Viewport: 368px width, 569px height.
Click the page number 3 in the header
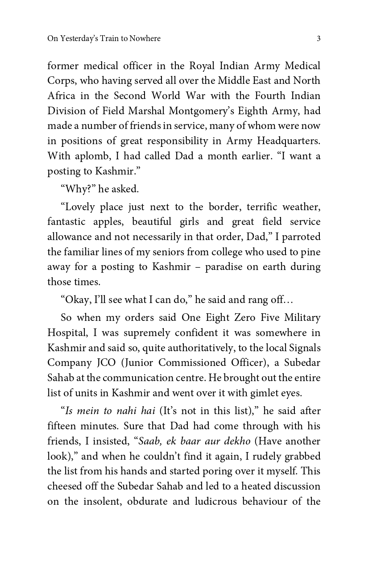tap(318, 39)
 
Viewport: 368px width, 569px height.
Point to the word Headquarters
tap(289, 141)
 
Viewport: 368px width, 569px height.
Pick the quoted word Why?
tap(78, 189)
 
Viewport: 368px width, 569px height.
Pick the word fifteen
tap(62, 426)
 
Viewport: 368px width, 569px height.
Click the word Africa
tap(59, 96)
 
